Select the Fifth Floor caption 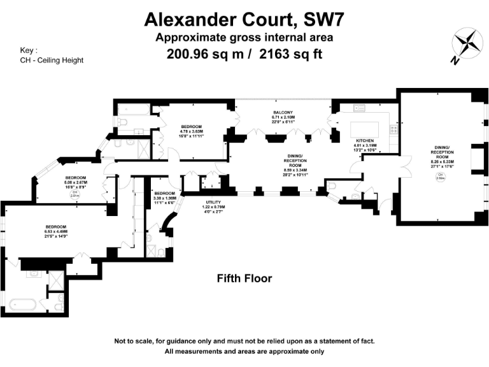click(x=244, y=278)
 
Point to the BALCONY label click(x=283, y=113)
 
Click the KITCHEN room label click(x=364, y=140)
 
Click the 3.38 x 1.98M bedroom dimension click(x=164, y=198)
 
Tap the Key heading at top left click(x=29, y=50)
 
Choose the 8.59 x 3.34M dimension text click(x=294, y=170)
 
